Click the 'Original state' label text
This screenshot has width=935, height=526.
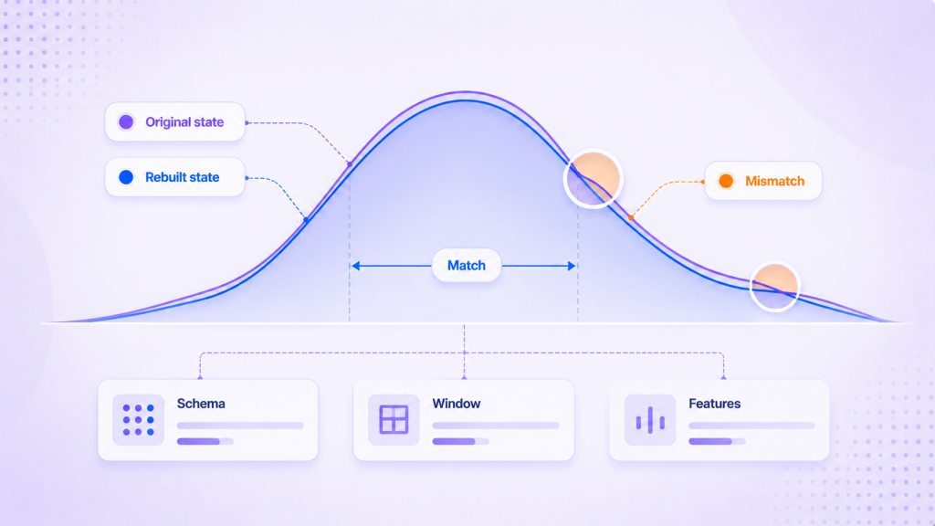[x=184, y=122]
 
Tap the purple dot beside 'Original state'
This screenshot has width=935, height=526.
[x=126, y=121]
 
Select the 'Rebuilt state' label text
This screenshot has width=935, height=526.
[x=182, y=177]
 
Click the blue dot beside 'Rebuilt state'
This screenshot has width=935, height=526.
[x=126, y=177]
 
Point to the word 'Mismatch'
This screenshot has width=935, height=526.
[x=774, y=182]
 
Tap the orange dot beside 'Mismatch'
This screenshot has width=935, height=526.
[x=726, y=182]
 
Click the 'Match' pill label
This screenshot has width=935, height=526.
[x=467, y=266]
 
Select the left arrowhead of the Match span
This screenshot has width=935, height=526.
[x=355, y=266]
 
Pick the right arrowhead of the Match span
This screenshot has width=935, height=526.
[x=572, y=266]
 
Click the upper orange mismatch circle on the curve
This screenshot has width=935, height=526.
[x=594, y=179]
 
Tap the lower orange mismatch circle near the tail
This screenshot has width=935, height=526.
[x=774, y=287]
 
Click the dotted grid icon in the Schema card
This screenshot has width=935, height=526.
[x=139, y=420]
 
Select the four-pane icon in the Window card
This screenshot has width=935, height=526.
[x=394, y=419]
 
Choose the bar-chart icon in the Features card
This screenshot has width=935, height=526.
[x=650, y=420]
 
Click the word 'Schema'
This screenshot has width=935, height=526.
[x=201, y=404]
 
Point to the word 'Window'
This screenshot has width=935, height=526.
[x=457, y=404]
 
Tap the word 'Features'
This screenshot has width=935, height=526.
[x=714, y=404]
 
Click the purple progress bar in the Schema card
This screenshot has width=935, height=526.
[x=198, y=441]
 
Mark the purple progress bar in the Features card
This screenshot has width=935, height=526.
[x=710, y=441]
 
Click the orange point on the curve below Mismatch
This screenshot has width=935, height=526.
[x=631, y=218]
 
